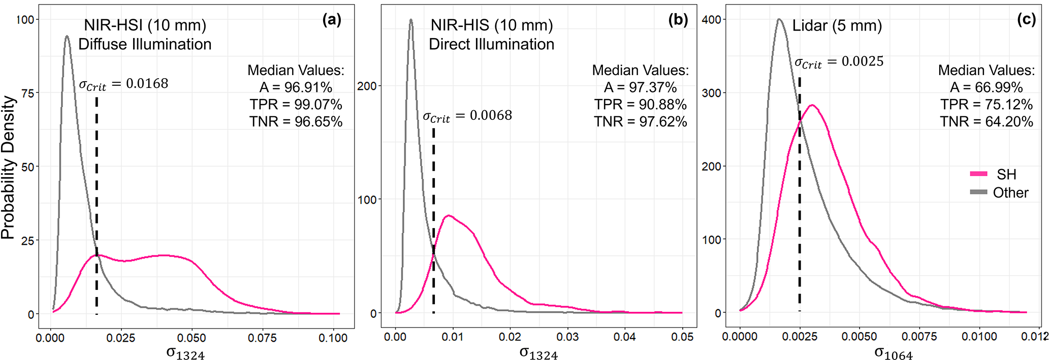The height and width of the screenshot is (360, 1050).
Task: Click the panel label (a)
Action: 332,20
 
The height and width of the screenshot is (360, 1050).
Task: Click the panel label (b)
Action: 678,20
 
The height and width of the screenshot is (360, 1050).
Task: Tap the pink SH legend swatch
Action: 978,174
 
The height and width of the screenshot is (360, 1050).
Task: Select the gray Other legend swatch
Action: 978,192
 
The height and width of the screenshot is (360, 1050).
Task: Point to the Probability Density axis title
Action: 8,168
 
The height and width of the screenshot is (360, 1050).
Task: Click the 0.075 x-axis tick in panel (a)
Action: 263,338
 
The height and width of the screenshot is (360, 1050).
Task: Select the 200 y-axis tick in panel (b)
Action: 367,86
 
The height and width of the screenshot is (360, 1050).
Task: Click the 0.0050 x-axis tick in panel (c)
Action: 859,337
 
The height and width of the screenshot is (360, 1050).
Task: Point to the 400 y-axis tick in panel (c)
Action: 711,20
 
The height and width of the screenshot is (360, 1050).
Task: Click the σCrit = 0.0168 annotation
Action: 123,84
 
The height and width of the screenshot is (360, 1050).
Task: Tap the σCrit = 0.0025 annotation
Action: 839,62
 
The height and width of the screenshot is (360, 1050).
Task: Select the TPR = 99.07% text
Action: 296,105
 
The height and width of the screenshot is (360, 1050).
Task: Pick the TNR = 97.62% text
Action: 641,122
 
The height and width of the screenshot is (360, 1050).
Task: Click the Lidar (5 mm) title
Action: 837,25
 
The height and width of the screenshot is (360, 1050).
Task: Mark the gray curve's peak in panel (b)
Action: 411,20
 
